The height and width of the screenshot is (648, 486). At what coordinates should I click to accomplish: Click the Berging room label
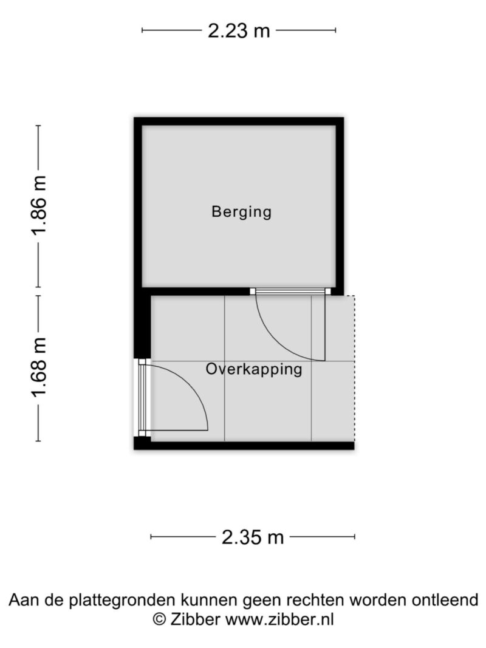[x=241, y=212]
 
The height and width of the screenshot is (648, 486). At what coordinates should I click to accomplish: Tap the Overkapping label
[x=254, y=369]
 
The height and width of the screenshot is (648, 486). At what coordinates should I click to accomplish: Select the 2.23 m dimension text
[x=239, y=30]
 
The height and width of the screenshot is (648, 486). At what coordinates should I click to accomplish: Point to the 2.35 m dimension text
[x=253, y=537]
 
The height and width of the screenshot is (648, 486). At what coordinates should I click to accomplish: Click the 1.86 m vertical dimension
[x=39, y=205]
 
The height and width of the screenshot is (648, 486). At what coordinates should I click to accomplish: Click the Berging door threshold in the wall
[x=290, y=292]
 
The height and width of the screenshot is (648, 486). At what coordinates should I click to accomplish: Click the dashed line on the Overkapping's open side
[x=355, y=369]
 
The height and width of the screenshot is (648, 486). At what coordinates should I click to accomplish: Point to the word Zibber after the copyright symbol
[x=195, y=620]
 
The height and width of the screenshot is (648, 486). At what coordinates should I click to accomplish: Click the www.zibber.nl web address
[x=279, y=620]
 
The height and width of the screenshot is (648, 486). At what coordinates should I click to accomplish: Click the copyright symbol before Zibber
[x=160, y=620]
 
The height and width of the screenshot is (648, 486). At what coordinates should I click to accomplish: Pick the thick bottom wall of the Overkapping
[x=244, y=446]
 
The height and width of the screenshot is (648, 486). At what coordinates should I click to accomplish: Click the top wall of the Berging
[x=239, y=121]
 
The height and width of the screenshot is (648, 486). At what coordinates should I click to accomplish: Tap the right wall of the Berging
[x=340, y=206]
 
